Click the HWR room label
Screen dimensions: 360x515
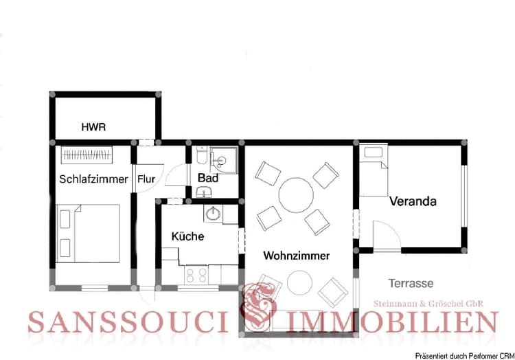coord(93,127)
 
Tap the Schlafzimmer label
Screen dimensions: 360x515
coord(93,179)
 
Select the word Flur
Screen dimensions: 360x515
coord(146,179)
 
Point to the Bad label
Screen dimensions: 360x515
coord(207,178)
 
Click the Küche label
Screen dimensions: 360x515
coord(187,236)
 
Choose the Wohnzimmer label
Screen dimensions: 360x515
coord(297,256)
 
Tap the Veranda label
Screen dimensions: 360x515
coord(413,202)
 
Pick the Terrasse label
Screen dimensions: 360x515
coord(411,282)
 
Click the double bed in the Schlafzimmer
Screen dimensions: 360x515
coord(89,233)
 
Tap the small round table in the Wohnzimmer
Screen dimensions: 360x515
coord(300,282)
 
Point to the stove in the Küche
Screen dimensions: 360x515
coord(196,274)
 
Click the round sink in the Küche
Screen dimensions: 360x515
coord(212,213)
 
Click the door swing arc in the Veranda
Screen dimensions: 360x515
coord(388,234)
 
